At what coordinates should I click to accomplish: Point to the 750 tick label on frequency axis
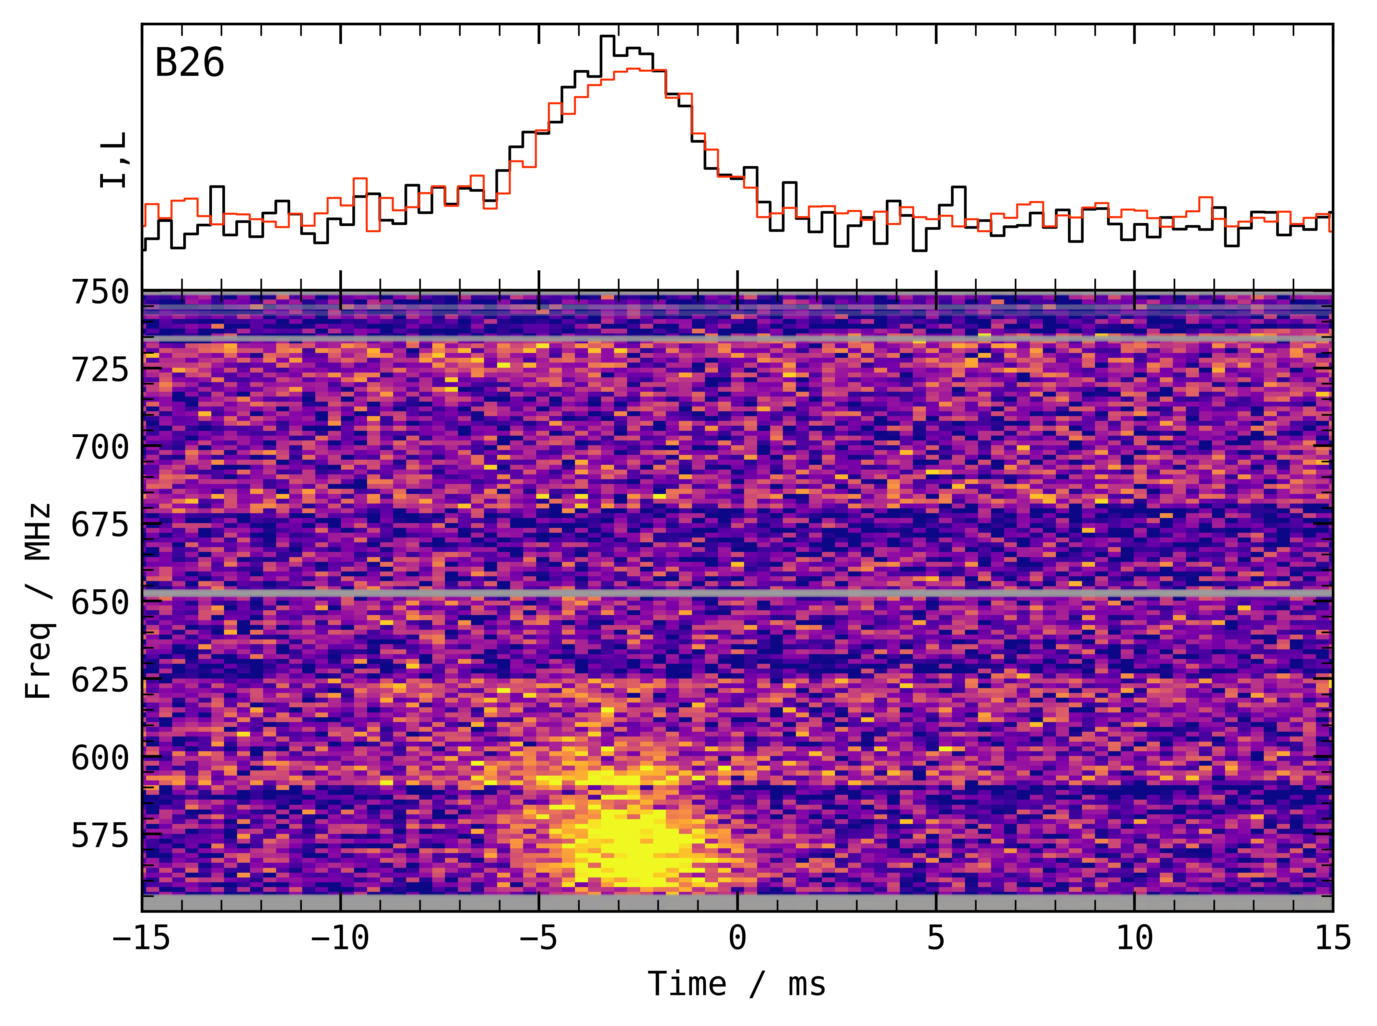tap(100, 292)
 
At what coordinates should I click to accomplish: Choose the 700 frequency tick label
tap(100, 447)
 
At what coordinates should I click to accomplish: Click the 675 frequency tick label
tap(100, 525)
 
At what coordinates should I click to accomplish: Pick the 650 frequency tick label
tap(100, 602)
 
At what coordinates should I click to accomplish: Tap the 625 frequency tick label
tap(100, 680)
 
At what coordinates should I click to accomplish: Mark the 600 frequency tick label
tap(100, 758)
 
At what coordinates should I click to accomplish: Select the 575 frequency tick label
tap(100, 835)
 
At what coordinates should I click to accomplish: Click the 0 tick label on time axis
tap(737, 938)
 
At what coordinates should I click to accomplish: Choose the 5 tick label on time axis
tap(936, 938)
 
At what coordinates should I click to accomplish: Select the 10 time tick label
tap(1134, 938)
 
